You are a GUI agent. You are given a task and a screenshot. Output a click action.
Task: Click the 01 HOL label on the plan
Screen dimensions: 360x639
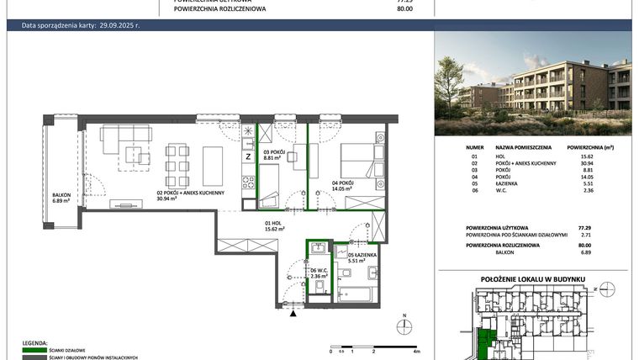(x=270, y=225)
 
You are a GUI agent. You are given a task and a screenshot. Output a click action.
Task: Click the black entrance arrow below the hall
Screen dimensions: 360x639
(x=293, y=313)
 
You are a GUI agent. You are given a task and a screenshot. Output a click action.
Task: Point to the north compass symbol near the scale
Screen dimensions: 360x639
(x=404, y=326)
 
